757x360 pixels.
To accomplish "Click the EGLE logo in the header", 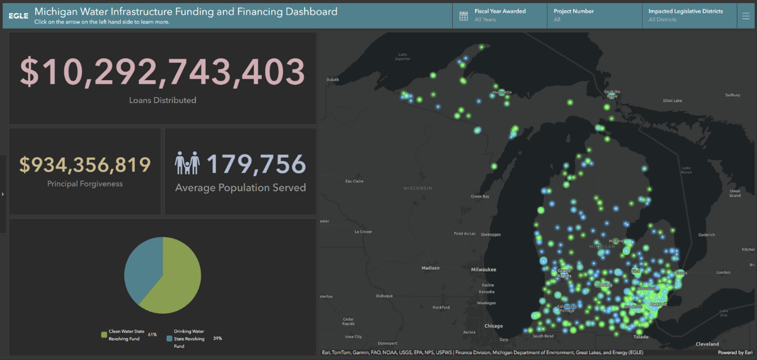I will (18, 16).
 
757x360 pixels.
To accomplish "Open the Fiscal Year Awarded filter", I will (500, 15).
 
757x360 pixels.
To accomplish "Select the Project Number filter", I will (574, 15).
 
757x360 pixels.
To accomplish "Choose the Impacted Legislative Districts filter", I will (685, 15).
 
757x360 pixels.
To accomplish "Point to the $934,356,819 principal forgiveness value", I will (85, 165).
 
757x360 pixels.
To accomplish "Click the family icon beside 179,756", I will (187, 163).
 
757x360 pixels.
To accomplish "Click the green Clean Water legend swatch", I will (104, 335).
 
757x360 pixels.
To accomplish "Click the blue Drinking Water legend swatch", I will (169, 338).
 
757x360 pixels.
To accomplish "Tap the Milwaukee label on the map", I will (483, 269).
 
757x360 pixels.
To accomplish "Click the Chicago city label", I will (494, 326).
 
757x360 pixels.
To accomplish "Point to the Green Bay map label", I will (480, 196).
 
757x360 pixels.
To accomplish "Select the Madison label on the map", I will (430, 268).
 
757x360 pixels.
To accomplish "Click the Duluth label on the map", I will (333, 80).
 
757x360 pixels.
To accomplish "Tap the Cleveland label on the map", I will (707, 344).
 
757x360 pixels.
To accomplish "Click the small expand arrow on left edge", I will (3, 194).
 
